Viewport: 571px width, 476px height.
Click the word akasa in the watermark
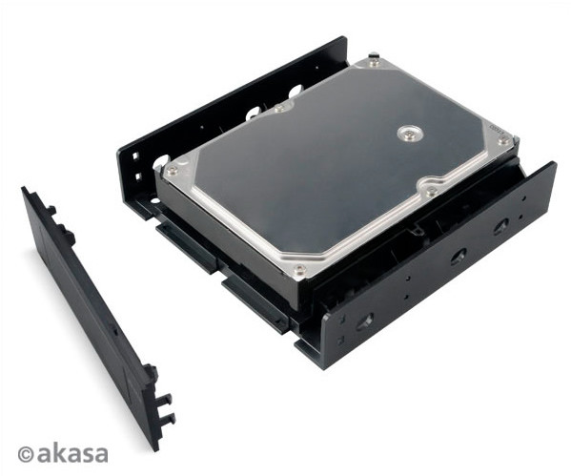click(72, 454)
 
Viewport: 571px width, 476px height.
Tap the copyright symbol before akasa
click(27, 454)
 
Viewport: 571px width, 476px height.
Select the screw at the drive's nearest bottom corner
click(299, 269)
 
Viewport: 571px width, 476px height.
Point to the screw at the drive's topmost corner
click(372, 64)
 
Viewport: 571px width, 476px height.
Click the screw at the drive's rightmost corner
click(504, 139)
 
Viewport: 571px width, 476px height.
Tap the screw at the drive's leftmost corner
click(172, 169)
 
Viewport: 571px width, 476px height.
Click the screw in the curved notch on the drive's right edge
click(432, 189)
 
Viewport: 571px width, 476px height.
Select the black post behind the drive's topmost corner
click(374, 56)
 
